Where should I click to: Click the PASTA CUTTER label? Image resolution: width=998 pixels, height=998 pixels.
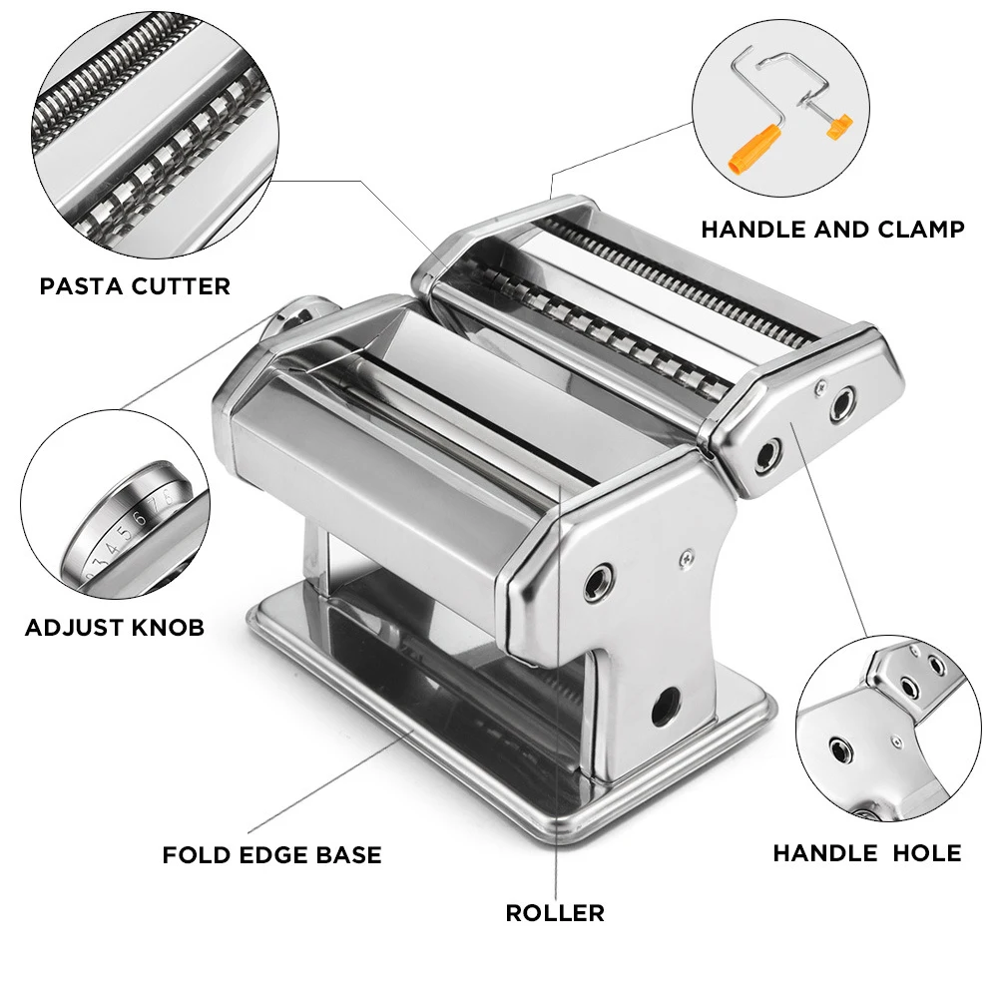[135, 286]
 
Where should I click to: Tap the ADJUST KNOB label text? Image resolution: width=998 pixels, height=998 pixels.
[115, 628]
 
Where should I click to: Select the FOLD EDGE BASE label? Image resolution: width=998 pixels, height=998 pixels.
[271, 855]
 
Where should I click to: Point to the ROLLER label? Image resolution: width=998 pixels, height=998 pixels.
[555, 912]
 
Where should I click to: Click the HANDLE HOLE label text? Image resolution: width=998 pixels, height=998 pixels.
[867, 853]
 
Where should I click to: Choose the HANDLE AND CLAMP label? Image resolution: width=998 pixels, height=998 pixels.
[832, 230]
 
